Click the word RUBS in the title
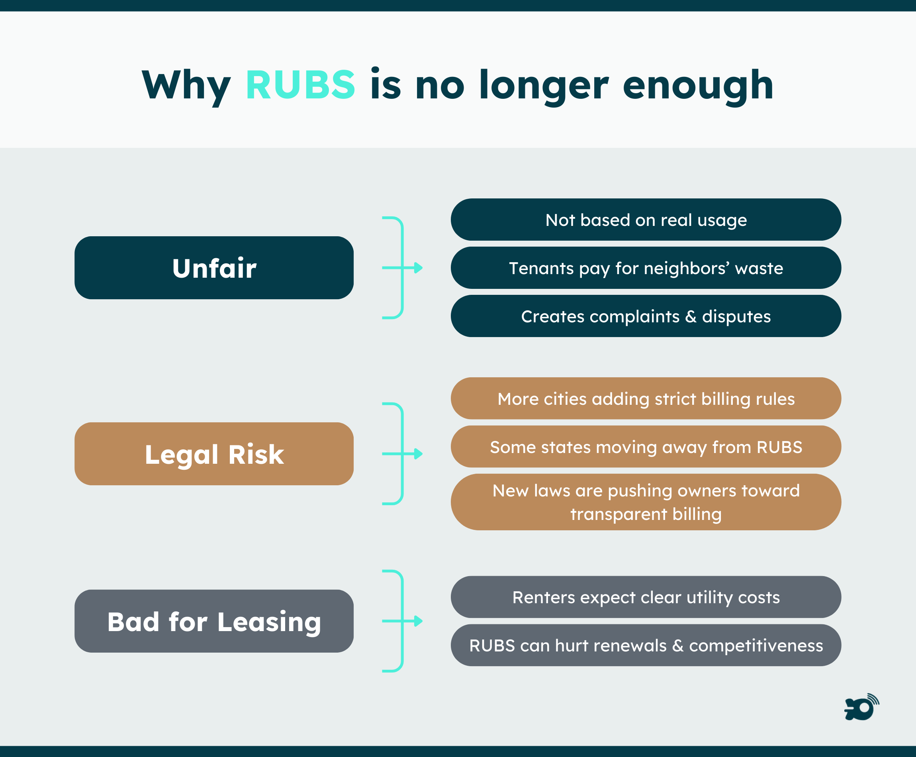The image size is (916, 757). (300, 84)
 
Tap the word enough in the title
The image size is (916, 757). (698, 86)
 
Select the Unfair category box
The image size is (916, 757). (214, 268)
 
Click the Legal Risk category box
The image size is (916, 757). (214, 454)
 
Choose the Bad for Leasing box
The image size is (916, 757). (214, 622)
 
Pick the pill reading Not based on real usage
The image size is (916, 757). (646, 220)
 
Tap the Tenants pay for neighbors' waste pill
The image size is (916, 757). (646, 268)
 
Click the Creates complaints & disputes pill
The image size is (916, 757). (646, 316)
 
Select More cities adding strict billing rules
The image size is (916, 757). (646, 398)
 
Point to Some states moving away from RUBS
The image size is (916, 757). (646, 447)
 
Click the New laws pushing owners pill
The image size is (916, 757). (646, 502)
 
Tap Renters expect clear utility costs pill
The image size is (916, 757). (646, 597)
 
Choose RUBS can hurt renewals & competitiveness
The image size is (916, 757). (646, 645)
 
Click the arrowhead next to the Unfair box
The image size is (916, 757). (418, 268)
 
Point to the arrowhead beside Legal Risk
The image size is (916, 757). (418, 454)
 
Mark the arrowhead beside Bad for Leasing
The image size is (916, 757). (418, 622)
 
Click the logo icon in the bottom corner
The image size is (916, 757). (861, 707)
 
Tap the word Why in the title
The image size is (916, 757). (186, 86)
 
